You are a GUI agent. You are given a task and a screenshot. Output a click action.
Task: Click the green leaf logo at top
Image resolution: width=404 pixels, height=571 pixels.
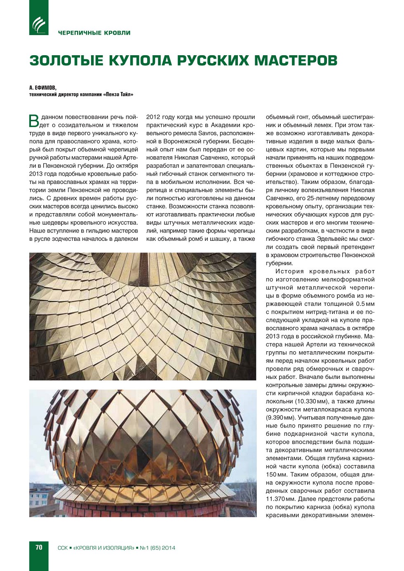(39, 18)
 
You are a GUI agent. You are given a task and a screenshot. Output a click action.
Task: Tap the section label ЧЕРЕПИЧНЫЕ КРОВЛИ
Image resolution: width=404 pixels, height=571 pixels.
(94, 33)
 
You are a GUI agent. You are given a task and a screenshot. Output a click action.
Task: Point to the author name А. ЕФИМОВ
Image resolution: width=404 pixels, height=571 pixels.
(42, 88)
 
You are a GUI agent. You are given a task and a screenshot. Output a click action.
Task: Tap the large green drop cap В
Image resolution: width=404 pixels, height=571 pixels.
(34, 120)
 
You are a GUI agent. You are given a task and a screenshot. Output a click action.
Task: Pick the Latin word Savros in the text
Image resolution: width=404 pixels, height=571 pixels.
(207, 133)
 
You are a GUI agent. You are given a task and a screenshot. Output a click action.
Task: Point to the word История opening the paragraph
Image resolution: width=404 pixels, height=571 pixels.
(289, 271)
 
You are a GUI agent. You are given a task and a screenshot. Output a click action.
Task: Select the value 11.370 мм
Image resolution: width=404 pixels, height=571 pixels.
(281, 499)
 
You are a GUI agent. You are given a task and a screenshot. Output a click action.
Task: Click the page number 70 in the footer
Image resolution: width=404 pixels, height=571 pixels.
(39, 548)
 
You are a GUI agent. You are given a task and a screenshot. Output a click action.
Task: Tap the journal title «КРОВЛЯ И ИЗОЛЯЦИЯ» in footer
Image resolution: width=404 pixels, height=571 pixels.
(103, 548)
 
